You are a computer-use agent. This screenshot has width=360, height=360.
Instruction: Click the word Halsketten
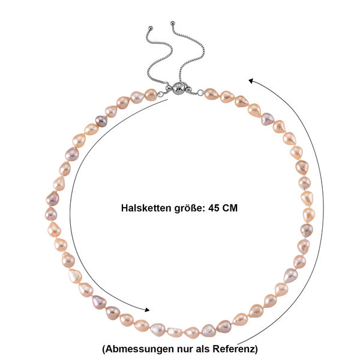(146, 208)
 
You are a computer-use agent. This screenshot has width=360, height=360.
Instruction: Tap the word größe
(190, 208)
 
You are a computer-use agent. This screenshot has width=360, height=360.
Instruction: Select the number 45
(214, 208)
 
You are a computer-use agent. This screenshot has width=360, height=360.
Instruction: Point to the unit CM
(230, 208)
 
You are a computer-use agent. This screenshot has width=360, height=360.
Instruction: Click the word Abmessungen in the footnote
(138, 349)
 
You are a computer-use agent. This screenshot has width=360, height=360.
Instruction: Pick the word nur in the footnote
(185, 349)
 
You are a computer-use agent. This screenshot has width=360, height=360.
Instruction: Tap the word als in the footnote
(203, 349)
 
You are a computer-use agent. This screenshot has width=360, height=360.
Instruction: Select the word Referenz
(235, 349)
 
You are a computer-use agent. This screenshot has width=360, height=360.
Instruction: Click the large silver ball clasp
(178, 88)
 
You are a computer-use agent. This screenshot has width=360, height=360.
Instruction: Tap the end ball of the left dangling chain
(151, 28)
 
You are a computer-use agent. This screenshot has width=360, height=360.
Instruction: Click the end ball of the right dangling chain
(172, 23)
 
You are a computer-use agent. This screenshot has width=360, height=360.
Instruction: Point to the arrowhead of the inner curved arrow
(147, 310)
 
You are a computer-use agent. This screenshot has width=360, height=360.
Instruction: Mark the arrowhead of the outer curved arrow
(251, 81)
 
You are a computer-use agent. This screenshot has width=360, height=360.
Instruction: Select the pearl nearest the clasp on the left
(151, 95)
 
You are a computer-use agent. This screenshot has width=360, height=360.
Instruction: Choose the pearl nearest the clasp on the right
(211, 94)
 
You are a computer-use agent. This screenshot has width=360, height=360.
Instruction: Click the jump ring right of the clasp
(200, 92)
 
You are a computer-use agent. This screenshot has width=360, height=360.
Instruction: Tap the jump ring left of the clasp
(160, 94)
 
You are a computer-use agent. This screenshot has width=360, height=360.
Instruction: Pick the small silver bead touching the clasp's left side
(169, 89)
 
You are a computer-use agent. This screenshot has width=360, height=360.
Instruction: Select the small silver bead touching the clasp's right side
(188, 89)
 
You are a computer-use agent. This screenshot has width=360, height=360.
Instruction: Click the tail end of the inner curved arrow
(168, 99)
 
